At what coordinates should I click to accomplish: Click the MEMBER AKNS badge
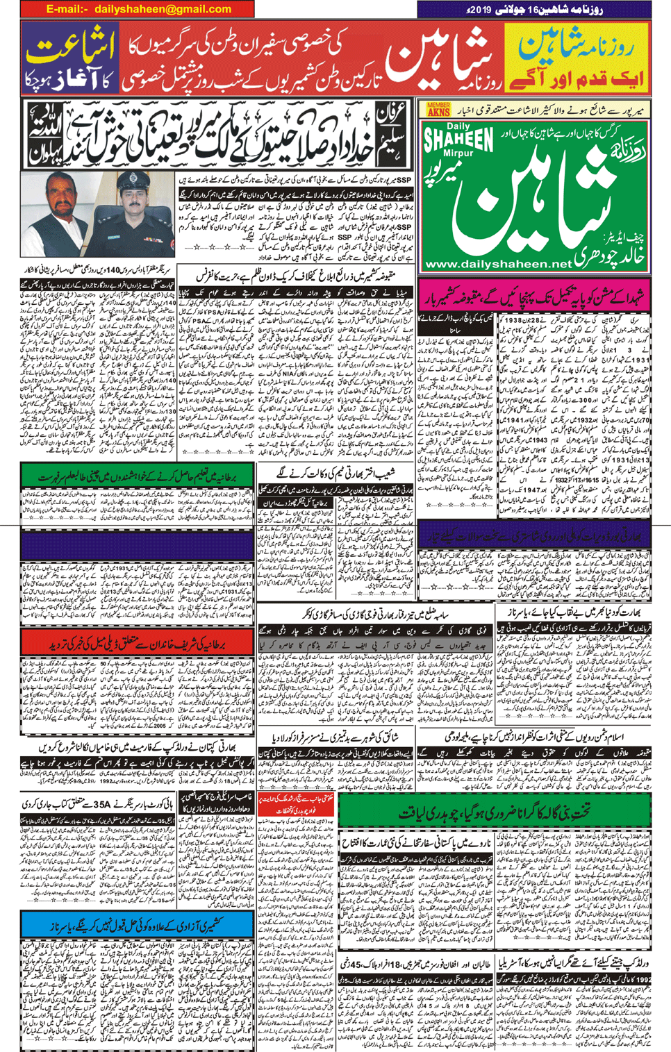pos(438,109)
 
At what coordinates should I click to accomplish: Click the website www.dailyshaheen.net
pos(498,264)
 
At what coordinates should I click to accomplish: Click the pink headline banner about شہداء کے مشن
pos(535,294)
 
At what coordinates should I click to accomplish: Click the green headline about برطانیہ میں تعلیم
pos(138,477)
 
